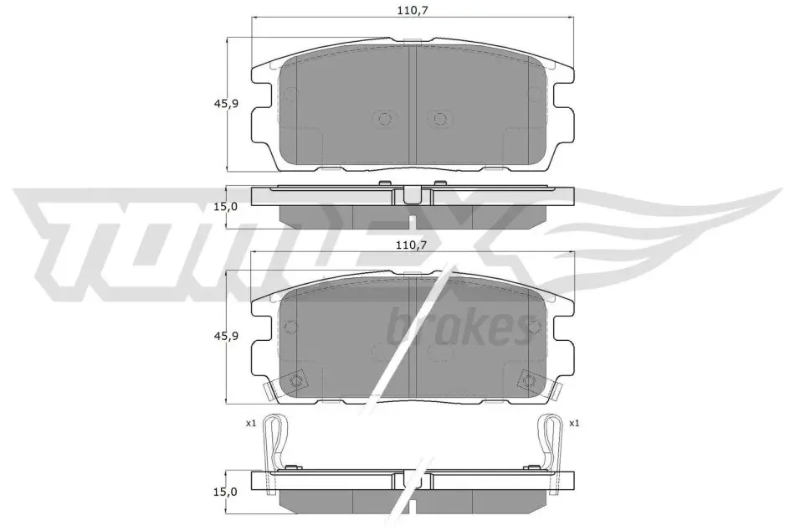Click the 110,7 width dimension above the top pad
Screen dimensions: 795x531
410,10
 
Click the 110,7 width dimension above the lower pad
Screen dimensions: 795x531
411,245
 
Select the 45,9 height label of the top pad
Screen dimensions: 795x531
226,104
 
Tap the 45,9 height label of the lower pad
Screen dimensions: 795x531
226,336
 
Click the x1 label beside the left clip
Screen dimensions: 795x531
250,424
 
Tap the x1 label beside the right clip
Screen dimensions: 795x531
574,424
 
